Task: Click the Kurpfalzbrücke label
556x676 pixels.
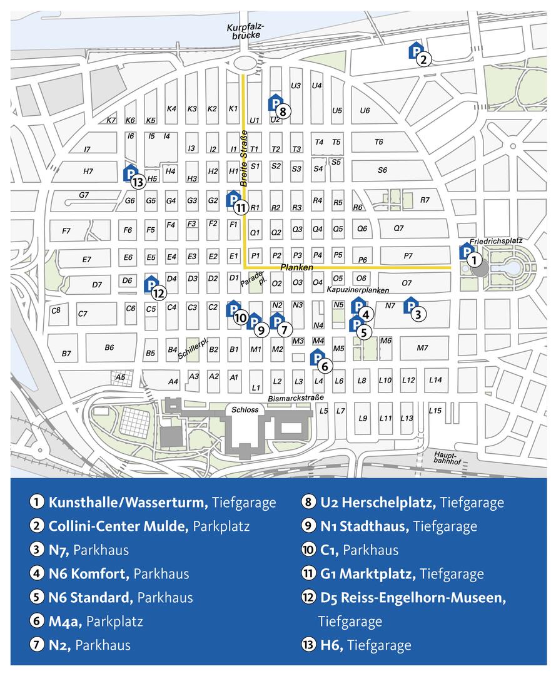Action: (x=245, y=31)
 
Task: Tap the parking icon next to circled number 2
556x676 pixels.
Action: (x=415, y=51)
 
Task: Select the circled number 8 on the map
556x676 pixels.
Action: (x=283, y=112)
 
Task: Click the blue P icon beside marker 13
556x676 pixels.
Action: (x=129, y=173)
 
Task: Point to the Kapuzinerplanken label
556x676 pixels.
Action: (x=358, y=290)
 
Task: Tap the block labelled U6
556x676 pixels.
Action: (x=365, y=111)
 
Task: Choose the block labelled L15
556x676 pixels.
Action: (x=435, y=411)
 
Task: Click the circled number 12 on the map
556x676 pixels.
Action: (x=158, y=292)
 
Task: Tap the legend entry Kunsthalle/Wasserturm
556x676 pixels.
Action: (x=128, y=502)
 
